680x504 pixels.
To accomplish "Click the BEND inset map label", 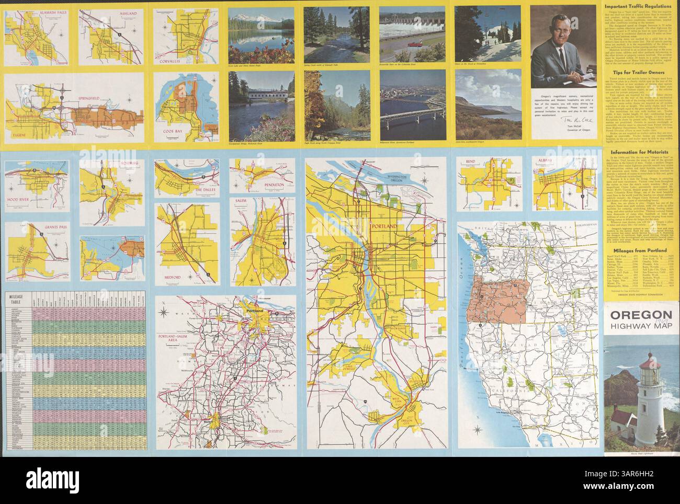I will [470, 163].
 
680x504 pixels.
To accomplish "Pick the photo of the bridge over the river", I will [410, 105].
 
